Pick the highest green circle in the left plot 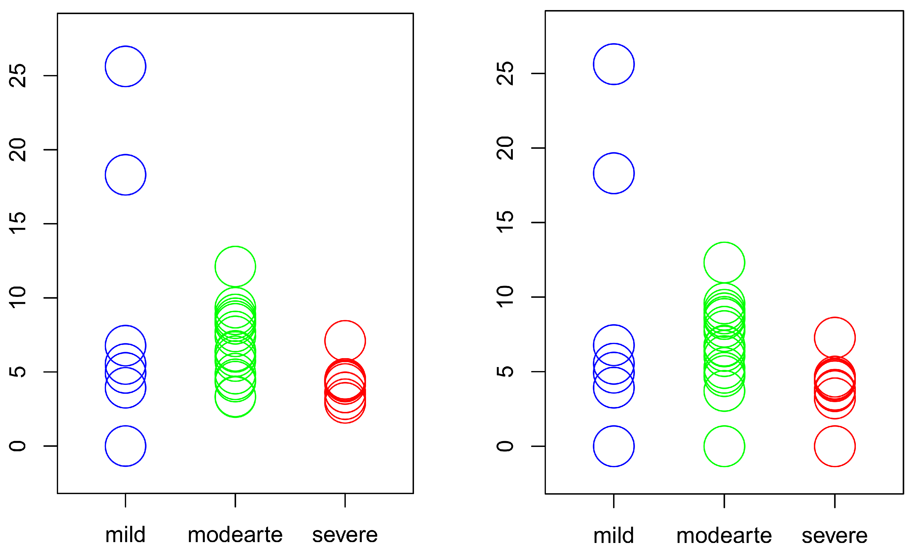tap(235, 266)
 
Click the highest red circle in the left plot tap(345, 341)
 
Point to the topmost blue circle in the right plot tap(614, 64)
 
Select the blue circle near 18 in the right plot tap(614, 173)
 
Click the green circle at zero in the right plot tap(724, 446)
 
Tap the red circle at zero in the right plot tap(835, 446)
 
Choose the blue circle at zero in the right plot tap(614, 446)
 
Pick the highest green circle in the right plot tap(724, 262)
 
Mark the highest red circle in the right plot tap(835, 338)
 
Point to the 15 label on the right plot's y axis tap(505, 222)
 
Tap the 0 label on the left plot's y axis tap(18, 446)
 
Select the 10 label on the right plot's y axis tap(505, 297)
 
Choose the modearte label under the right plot tap(724, 536)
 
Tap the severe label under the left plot tap(345, 535)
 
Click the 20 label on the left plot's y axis tap(18, 150)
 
